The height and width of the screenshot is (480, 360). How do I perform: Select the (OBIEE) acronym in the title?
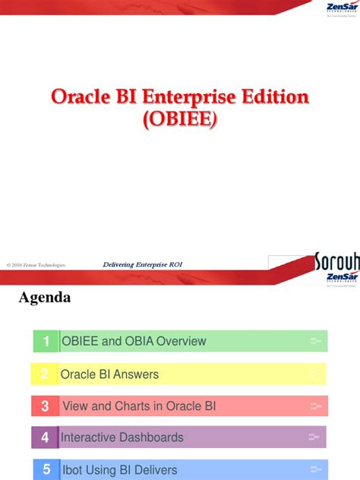point(180,122)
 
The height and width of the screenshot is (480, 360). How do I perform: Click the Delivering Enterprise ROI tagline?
point(142,264)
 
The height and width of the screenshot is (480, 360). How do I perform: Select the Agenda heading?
point(45,298)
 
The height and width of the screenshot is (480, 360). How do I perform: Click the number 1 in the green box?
point(46,342)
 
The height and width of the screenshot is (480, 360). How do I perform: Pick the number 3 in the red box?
point(45,406)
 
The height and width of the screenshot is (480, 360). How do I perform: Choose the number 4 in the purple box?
point(45,437)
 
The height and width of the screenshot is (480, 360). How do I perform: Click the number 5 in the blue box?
point(46,470)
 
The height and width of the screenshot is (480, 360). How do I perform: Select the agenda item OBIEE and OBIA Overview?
point(133,342)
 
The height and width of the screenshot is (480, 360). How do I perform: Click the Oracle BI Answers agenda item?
point(109,374)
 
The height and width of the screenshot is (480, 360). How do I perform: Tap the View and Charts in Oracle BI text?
point(139,406)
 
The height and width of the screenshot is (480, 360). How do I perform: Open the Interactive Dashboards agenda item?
point(122,437)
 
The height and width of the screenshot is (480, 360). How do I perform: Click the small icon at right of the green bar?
point(316,342)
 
